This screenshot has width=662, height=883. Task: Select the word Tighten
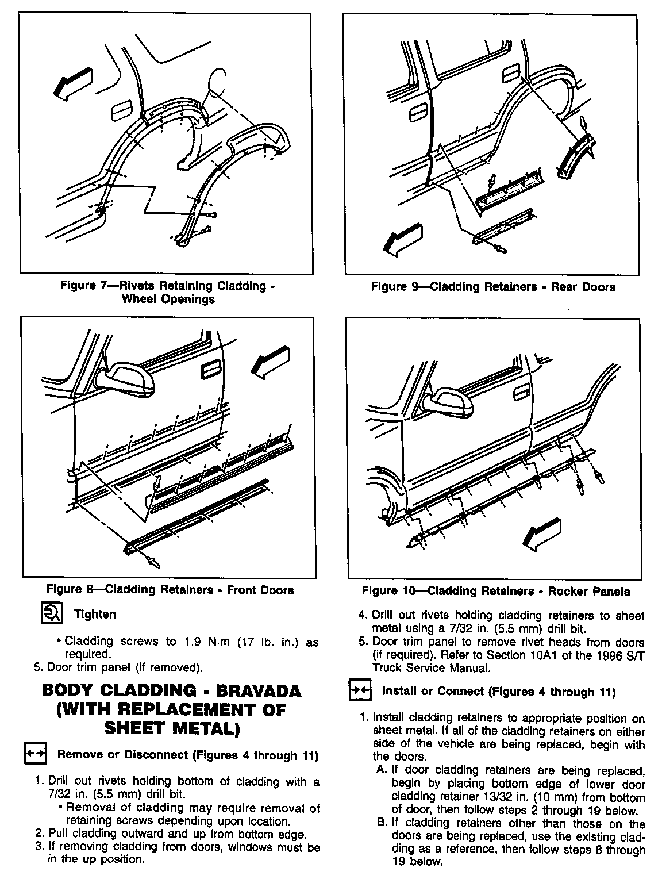pos(95,615)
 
